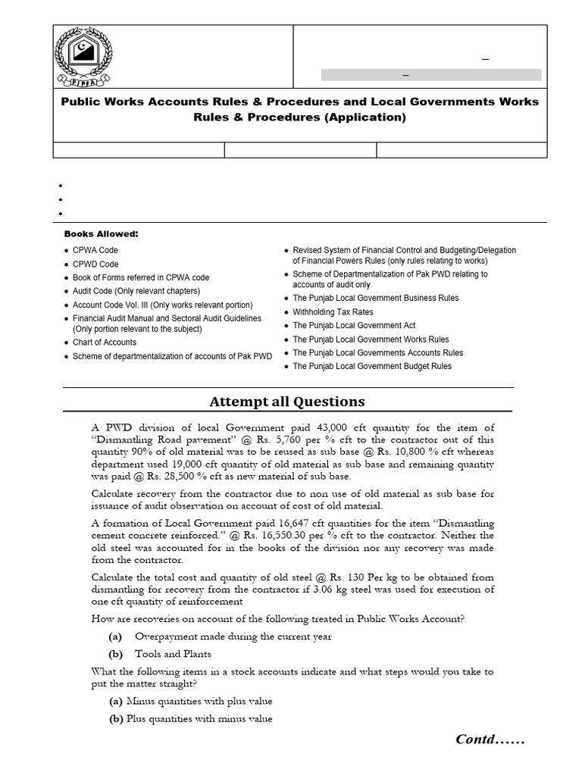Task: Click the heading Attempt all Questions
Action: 286,402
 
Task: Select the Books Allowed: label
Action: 101,234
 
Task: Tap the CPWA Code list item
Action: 95,250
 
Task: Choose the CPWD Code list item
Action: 95,264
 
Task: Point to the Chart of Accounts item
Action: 105,343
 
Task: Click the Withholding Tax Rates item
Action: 333,312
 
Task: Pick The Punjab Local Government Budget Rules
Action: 372,367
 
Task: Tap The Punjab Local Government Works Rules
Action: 371,339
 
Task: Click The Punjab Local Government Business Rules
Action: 375,299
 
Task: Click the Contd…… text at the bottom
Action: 490,739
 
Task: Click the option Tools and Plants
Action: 173,654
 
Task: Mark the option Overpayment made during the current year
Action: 233,637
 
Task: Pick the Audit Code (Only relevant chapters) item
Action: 136,291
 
